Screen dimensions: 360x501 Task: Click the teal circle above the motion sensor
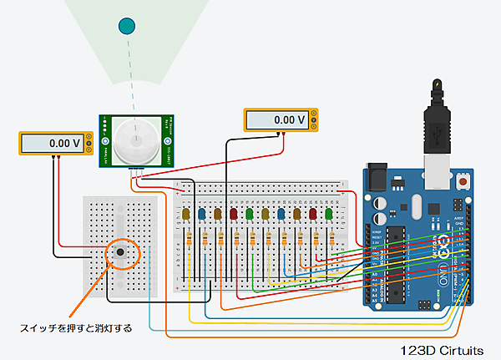(127, 26)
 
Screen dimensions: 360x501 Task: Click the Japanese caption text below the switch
(76, 327)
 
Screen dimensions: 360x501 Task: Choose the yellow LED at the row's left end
(185, 215)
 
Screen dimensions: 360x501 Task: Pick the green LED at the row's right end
(329, 215)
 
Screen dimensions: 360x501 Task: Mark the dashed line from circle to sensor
(129, 75)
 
